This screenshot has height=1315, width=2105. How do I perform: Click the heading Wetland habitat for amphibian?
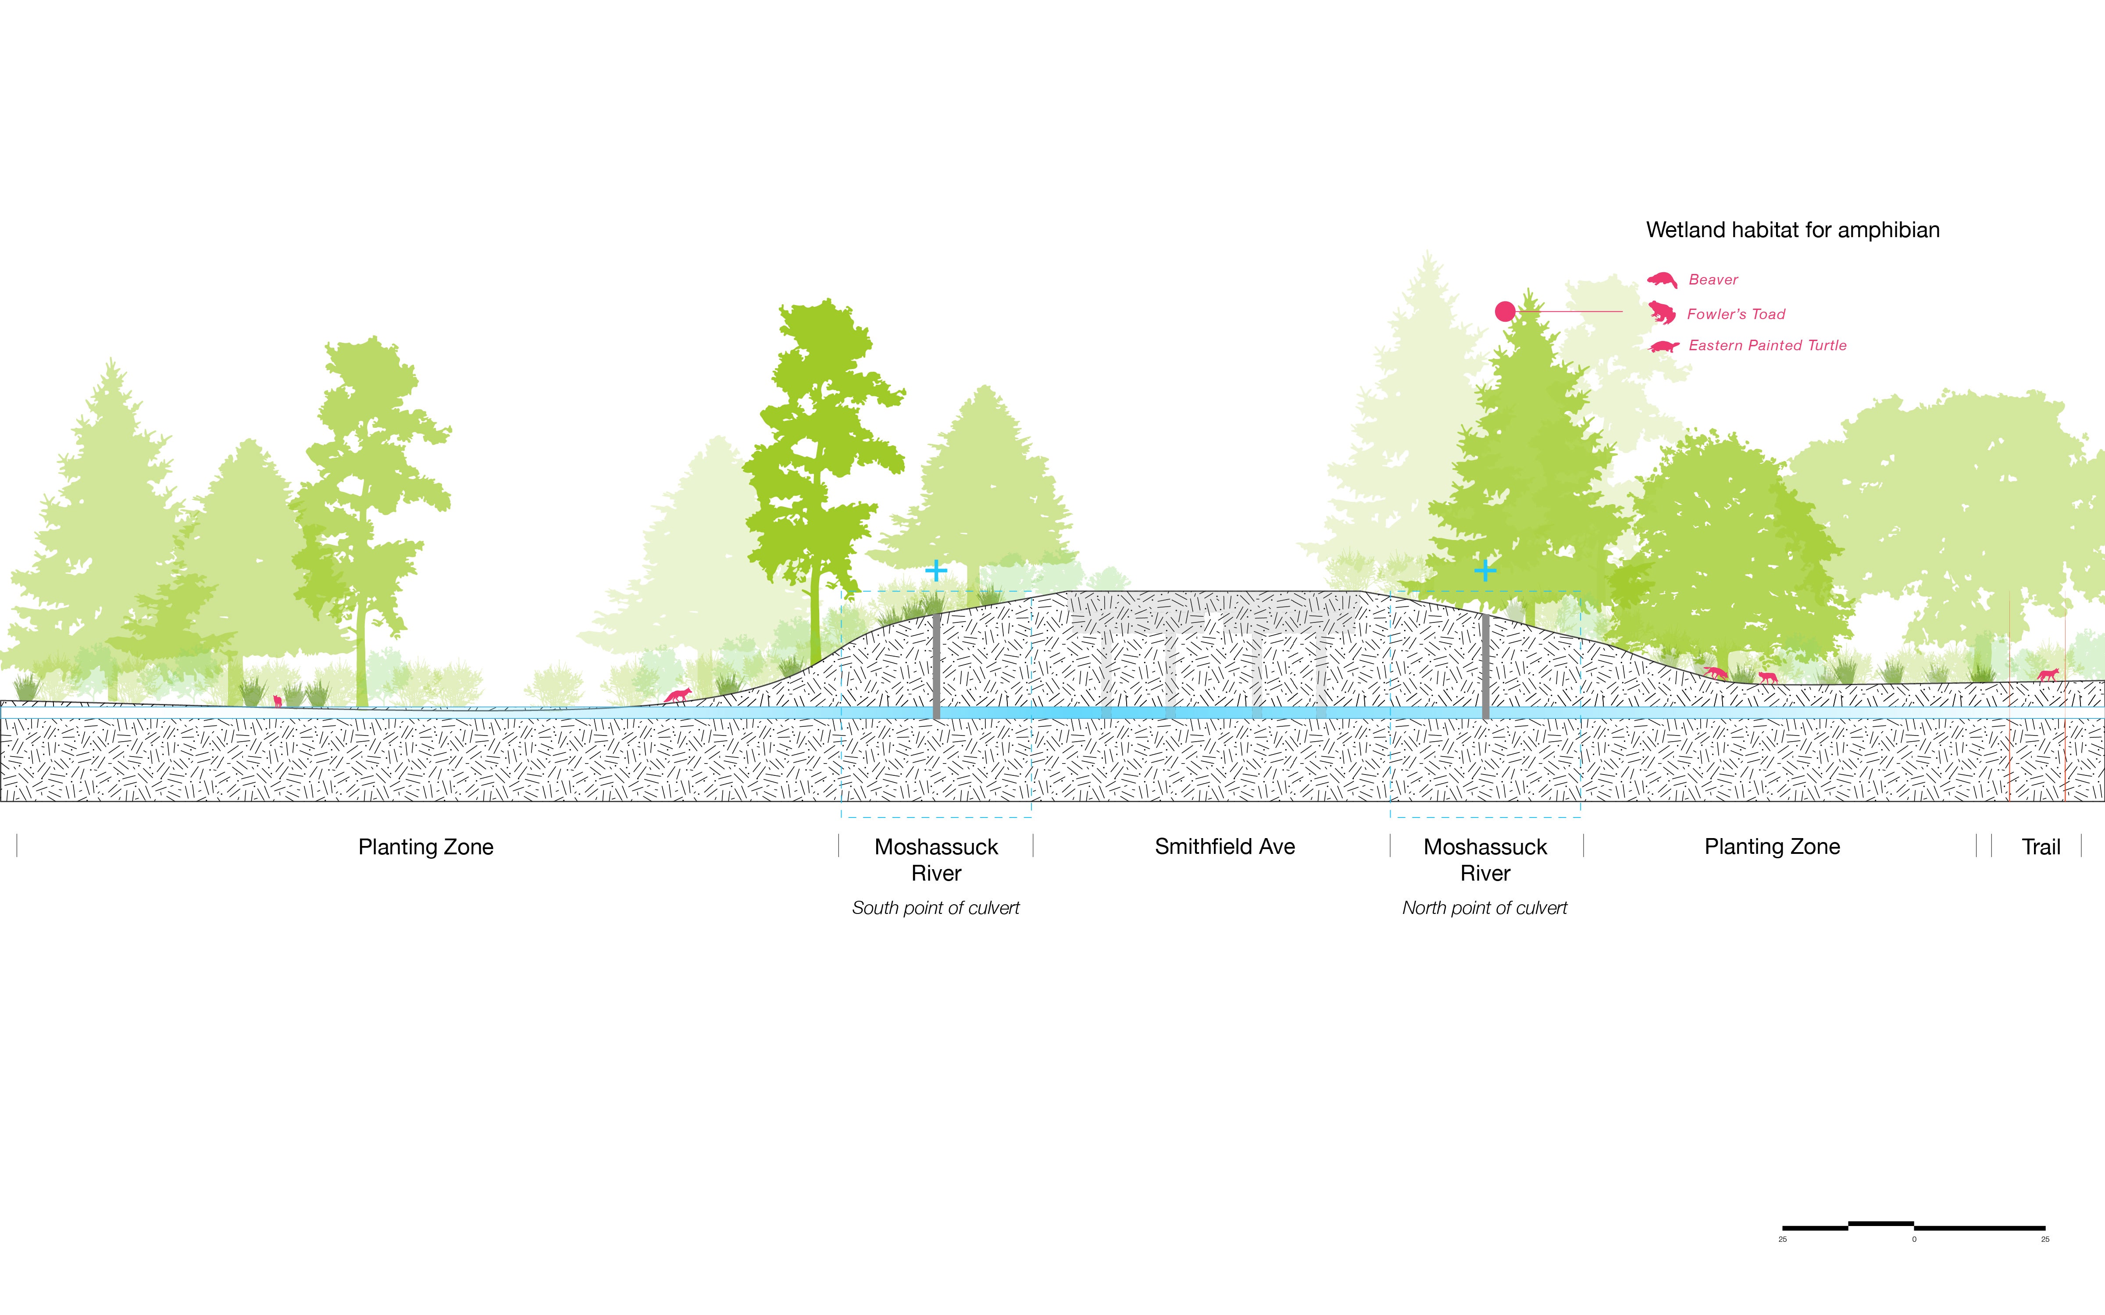(x=1793, y=231)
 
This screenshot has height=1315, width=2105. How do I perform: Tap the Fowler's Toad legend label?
(x=1736, y=314)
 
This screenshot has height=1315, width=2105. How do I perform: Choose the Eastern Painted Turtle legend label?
(x=1767, y=345)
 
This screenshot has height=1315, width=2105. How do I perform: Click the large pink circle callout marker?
(x=1505, y=311)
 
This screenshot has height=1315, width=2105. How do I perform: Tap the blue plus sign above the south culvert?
(x=936, y=571)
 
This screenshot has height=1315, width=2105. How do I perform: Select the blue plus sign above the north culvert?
(x=1485, y=571)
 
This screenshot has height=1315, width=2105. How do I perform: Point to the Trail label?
(x=2041, y=847)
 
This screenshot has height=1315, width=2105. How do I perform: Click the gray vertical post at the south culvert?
(x=936, y=666)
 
